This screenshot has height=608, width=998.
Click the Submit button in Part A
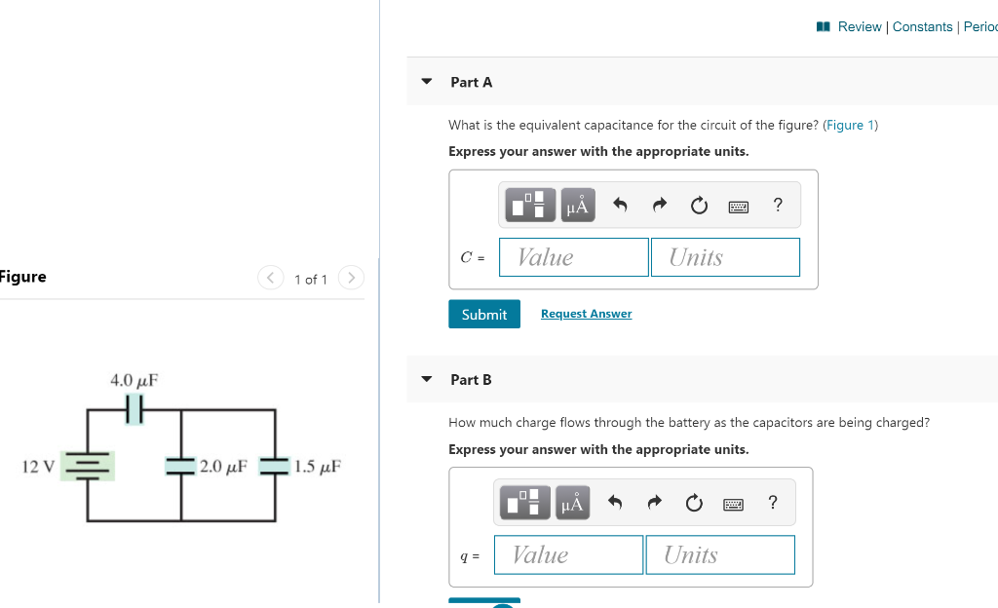tap(483, 314)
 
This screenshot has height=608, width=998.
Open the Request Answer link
tap(586, 314)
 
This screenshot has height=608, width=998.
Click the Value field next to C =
tap(573, 257)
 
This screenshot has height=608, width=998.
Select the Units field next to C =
tap(725, 257)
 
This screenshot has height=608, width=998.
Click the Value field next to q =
tap(568, 554)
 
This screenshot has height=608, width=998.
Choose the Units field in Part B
tap(719, 554)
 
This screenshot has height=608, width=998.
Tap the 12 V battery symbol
tap(89, 466)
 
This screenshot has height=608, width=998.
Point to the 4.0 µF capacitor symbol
tap(134, 410)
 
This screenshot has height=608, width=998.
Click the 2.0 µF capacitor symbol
tap(180, 466)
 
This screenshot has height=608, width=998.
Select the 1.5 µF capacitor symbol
tap(274, 466)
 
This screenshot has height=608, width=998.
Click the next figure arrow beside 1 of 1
tap(350, 278)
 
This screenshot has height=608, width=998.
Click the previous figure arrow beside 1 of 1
tap(270, 278)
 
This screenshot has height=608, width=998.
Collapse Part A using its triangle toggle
tap(426, 82)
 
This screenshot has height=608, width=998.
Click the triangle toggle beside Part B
tap(426, 379)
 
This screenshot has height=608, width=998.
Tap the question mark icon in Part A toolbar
tap(777, 205)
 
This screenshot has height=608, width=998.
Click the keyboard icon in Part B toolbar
tap(733, 504)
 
